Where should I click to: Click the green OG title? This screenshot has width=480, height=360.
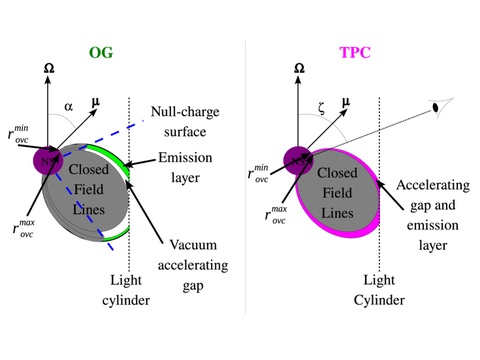101,54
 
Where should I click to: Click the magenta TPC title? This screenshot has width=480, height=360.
355,54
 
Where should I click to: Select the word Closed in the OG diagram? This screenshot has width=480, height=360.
89,170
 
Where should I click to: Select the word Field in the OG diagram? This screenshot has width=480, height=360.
89,190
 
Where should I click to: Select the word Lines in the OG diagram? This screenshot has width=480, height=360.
89,210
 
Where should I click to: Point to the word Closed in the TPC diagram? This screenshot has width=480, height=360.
338,173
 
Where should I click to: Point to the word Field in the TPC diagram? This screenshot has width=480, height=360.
338,193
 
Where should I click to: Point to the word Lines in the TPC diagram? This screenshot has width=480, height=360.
338,213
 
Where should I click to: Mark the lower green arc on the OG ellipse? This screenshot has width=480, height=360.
116,233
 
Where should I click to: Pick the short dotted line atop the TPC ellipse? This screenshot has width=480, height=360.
320,151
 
